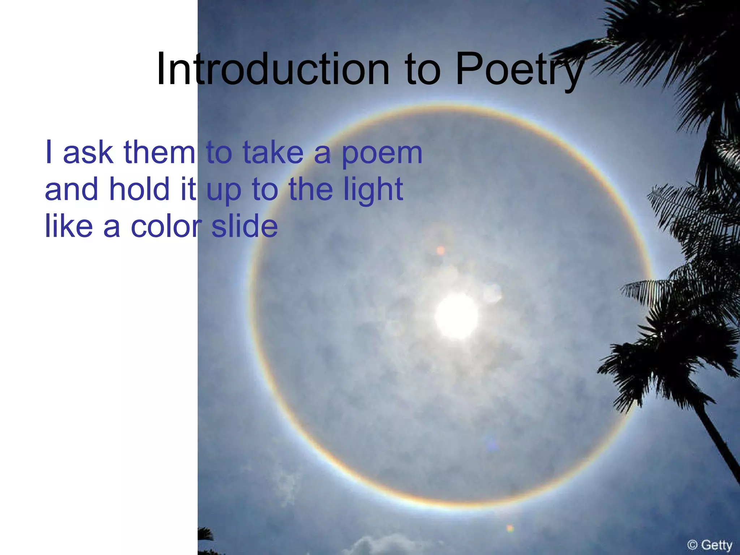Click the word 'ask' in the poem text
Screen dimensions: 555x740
tap(88, 152)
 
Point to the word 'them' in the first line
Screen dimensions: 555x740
tap(159, 152)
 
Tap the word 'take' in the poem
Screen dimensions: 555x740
tap(273, 152)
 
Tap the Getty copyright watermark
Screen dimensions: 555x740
tap(710, 545)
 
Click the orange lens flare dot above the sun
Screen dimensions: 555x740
tap(440, 250)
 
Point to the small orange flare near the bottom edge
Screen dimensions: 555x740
tap(510, 529)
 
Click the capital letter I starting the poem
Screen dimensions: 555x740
tap(48, 152)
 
